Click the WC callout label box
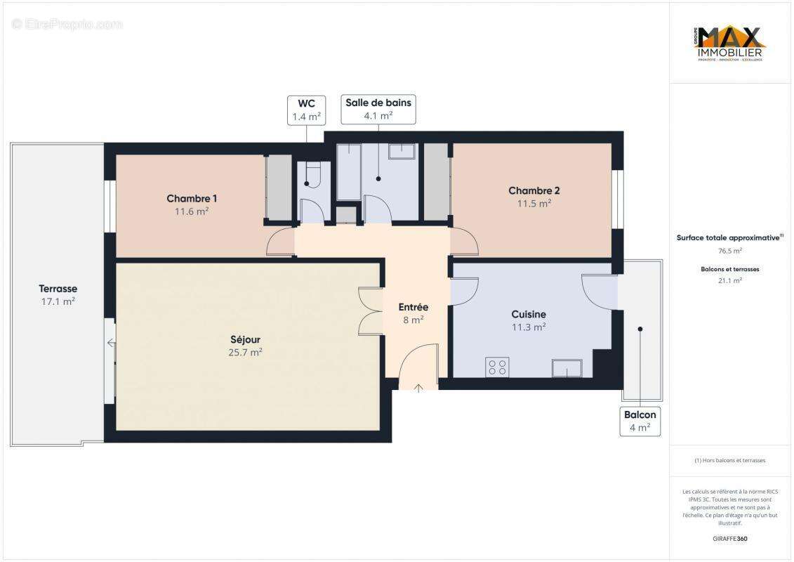pyautogui.click(x=306, y=110)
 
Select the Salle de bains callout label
pyautogui.click(x=378, y=109)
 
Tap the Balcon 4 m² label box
pyautogui.click(x=640, y=421)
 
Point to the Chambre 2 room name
pyautogui.click(x=534, y=190)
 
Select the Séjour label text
pyautogui.click(x=244, y=340)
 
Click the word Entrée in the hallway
pyautogui.click(x=413, y=307)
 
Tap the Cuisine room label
pyautogui.click(x=529, y=314)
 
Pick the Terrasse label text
pyautogui.click(x=58, y=289)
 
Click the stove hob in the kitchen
pyautogui.click(x=497, y=367)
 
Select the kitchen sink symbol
pyautogui.click(x=567, y=367)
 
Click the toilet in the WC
pyautogui.click(x=310, y=174)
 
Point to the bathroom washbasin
pyautogui.click(x=402, y=152)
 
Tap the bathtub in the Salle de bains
pyautogui.click(x=348, y=172)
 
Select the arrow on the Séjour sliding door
pyautogui.click(x=111, y=343)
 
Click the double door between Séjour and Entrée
pyautogui.click(x=369, y=311)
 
